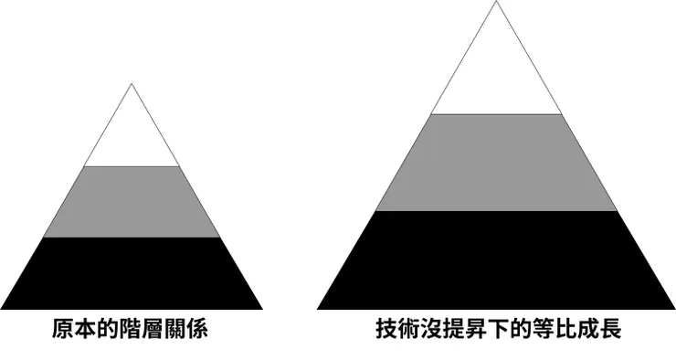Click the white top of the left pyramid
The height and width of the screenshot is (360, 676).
tap(132, 137)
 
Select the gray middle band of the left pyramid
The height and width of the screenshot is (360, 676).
tap(132, 202)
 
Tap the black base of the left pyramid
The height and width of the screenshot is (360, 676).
tap(132, 274)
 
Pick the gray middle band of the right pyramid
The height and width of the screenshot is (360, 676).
tap(496, 163)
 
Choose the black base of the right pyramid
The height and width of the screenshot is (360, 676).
tap(496, 260)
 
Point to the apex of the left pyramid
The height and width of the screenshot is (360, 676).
tap(132, 85)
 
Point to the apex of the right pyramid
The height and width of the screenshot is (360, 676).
tap(496, 3)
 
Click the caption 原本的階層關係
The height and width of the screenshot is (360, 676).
tap(131, 330)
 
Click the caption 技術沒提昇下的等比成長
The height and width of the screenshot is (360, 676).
tap(499, 330)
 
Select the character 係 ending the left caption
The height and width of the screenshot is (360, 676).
tap(197, 330)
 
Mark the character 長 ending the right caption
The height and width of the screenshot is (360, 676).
tap(611, 330)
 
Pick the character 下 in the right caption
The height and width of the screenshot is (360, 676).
tap(499, 330)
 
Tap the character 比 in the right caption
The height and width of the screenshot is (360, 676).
tap(566, 330)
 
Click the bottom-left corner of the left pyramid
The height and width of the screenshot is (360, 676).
tap(2, 309)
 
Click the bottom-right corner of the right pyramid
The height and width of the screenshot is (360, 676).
tap(674, 309)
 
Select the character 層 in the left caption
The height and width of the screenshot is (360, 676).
tap(153, 330)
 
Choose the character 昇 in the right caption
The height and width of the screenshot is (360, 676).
tap(476, 330)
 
